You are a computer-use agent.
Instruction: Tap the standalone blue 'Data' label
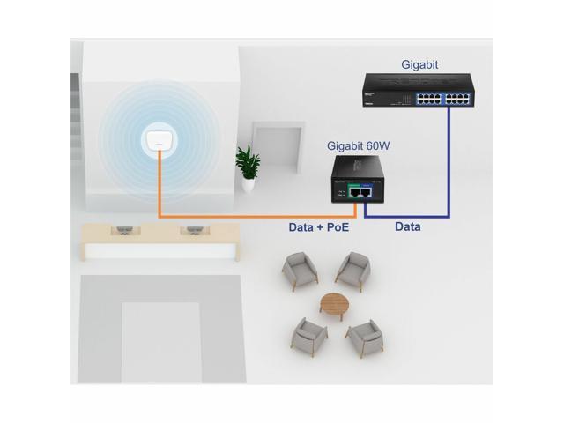407,226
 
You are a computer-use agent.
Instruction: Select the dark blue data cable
450,167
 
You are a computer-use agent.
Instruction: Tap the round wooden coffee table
334,304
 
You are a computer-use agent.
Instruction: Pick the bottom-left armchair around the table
308,335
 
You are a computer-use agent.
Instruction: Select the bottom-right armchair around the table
363,336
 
